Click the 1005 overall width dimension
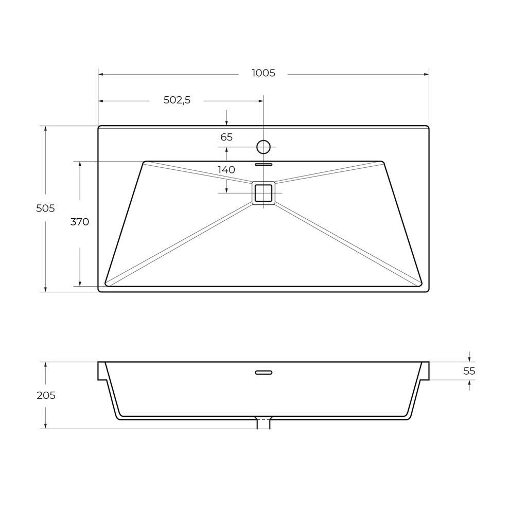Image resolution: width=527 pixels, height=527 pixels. pos(263,73)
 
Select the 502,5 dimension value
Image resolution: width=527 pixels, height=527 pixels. pos(177,100)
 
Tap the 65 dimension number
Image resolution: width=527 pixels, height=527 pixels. pos(226,137)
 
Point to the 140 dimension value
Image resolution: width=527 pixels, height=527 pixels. pos(226,170)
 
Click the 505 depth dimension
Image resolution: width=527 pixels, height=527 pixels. pos(45,208)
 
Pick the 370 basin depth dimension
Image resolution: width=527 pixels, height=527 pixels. pos(80,222)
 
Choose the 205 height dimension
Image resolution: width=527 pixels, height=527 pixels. pos(46,395)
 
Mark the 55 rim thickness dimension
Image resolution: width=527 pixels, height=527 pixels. pos(469,371)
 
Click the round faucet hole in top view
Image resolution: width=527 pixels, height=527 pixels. pos(263,147)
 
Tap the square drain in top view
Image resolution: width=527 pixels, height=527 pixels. pos(263,193)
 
